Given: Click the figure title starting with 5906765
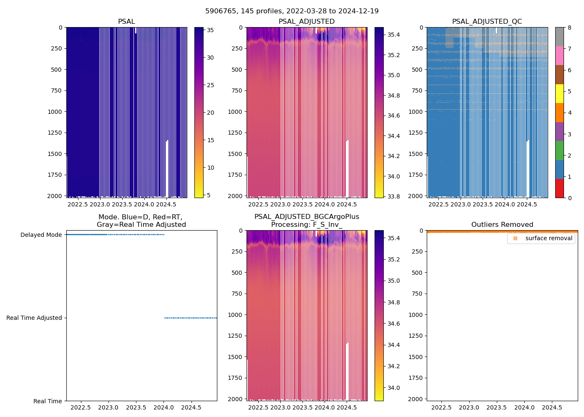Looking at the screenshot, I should pyautogui.click(x=292, y=11).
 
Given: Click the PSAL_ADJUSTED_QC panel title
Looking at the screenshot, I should pyautogui.click(x=487, y=22).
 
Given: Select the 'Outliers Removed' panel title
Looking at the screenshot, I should pyautogui.click(x=502, y=225).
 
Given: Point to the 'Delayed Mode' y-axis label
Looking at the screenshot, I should pyautogui.click(x=41, y=235).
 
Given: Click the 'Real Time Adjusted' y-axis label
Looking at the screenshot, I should pyautogui.click(x=34, y=318).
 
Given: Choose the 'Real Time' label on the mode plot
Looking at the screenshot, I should pyautogui.click(x=48, y=401).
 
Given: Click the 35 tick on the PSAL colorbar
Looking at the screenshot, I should pyautogui.click(x=211, y=30).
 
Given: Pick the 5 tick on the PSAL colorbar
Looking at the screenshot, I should pyautogui.click(x=209, y=195).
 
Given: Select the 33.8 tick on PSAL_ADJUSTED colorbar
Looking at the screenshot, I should pyautogui.click(x=393, y=196).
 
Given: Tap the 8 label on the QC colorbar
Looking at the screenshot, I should pyautogui.click(x=569, y=28).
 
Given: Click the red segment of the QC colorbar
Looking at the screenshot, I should pyautogui.click(x=559, y=188).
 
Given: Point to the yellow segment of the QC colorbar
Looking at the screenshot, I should pyautogui.click(x=559, y=94).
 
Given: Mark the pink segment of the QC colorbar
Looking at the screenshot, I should pyautogui.click(x=559, y=56).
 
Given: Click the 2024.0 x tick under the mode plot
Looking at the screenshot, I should pyautogui.click(x=164, y=407).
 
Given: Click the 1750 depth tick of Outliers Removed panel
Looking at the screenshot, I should pyautogui.click(x=415, y=378).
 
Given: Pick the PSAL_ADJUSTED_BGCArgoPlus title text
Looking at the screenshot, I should pyautogui.click(x=307, y=217).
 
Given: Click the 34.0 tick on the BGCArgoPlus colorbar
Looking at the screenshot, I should pyautogui.click(x=393, y=388).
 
